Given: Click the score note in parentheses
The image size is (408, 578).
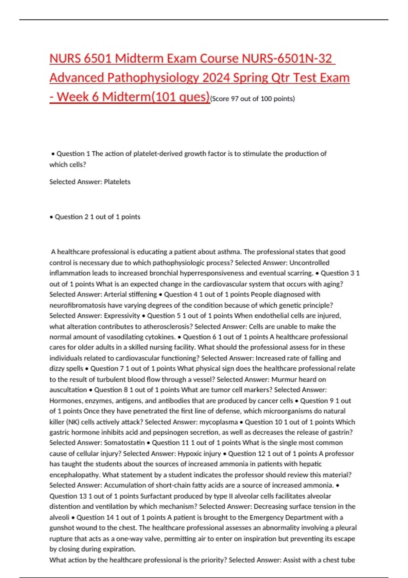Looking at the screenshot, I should [253, 99].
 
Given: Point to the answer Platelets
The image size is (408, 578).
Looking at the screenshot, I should [117, 182].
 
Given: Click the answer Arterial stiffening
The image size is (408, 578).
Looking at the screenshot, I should [130, 294].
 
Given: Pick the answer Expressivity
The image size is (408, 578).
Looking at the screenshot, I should [122, 316].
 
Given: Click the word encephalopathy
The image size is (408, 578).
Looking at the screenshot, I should [74, 475].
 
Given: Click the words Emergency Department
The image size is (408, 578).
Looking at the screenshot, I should [283, 517].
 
